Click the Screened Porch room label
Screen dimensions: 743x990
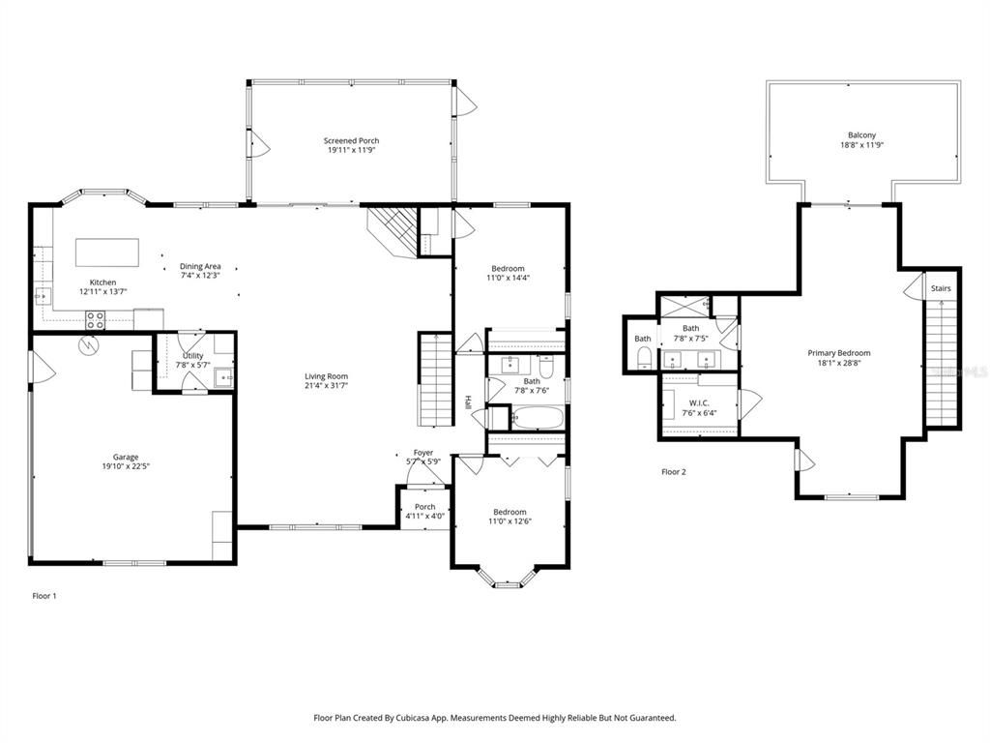(x=351, y=141)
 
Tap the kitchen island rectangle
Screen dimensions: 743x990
(x=107, y=252)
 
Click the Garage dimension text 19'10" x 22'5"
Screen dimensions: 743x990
(x=126, y=466)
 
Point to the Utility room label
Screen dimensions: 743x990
(x=192, y=356)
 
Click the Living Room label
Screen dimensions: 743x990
(x=326, y=376)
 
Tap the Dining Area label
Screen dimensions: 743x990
(x=200, y=266)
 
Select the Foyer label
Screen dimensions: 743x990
(x=423, y=452)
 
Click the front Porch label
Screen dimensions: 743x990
(x=424, y=507)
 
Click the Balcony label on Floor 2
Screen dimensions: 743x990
(x=862, y=135)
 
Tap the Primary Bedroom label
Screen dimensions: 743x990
(x=839, y=353)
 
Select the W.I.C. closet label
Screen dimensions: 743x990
(x=699, y=402)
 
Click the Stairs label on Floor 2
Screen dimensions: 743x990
(x=941, y=288)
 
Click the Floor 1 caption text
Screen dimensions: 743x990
(x=44, y=596)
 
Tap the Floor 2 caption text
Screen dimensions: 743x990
(x=673, y=472)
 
